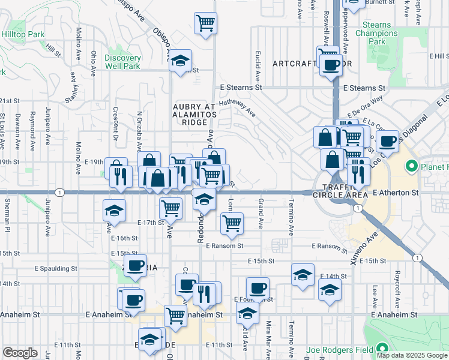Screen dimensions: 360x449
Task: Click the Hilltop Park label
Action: [22, 35]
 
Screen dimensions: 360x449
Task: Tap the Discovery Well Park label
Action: [122, 62]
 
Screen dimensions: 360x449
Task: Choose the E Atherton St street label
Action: [395, 193]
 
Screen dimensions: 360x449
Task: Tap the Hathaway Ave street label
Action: [237, 107]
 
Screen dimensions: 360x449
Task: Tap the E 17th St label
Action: [151, 222]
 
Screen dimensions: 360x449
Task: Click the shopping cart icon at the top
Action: [205, 23]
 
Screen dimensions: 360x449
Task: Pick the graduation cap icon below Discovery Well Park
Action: [180, 61]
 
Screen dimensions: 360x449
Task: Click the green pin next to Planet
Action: [412, 165]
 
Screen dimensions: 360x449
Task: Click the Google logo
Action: [20, 353]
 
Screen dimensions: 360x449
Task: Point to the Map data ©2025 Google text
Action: [411, 355]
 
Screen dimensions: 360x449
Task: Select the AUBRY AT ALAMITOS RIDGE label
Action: [194, 114]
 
